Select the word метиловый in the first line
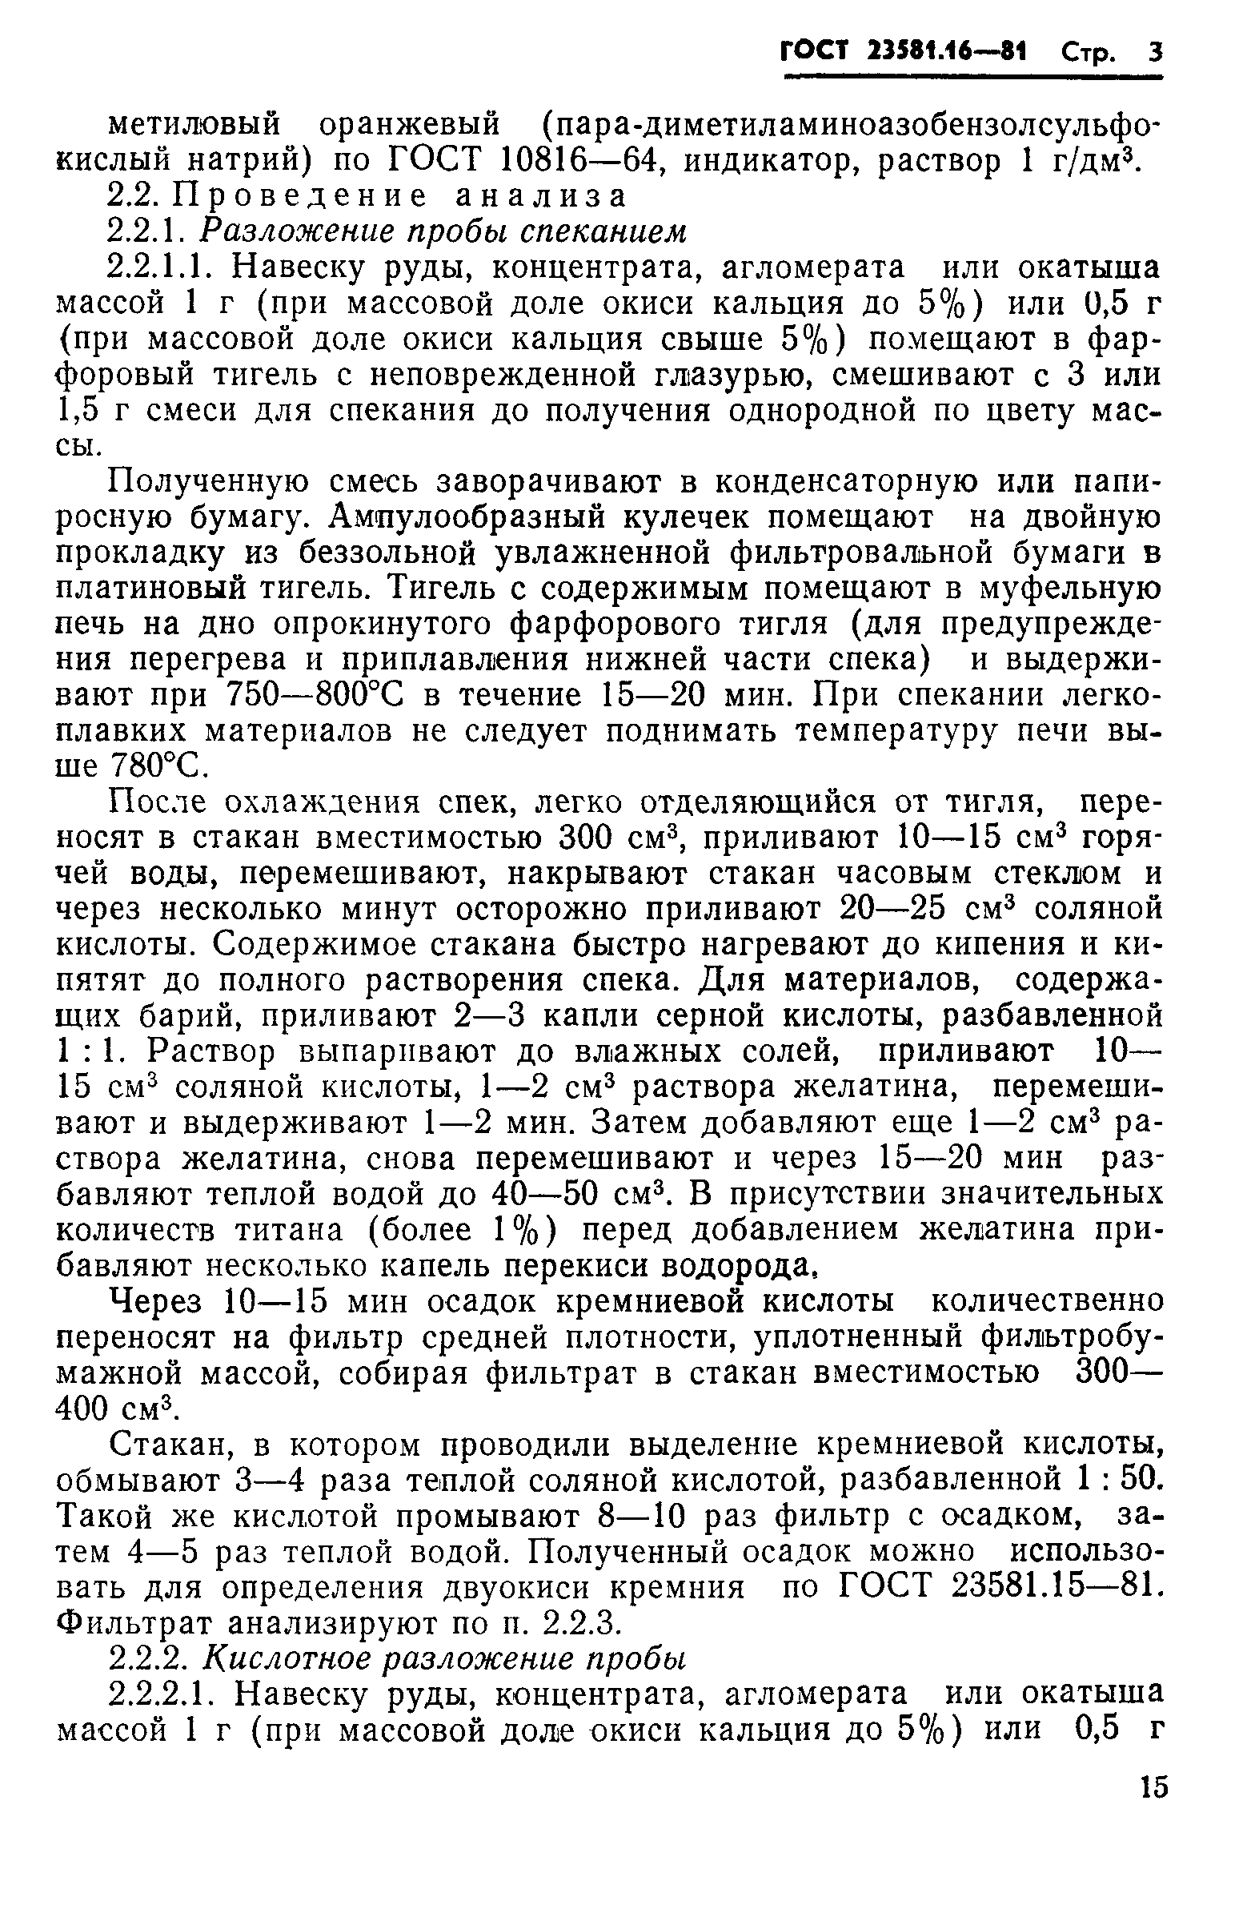194,126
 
